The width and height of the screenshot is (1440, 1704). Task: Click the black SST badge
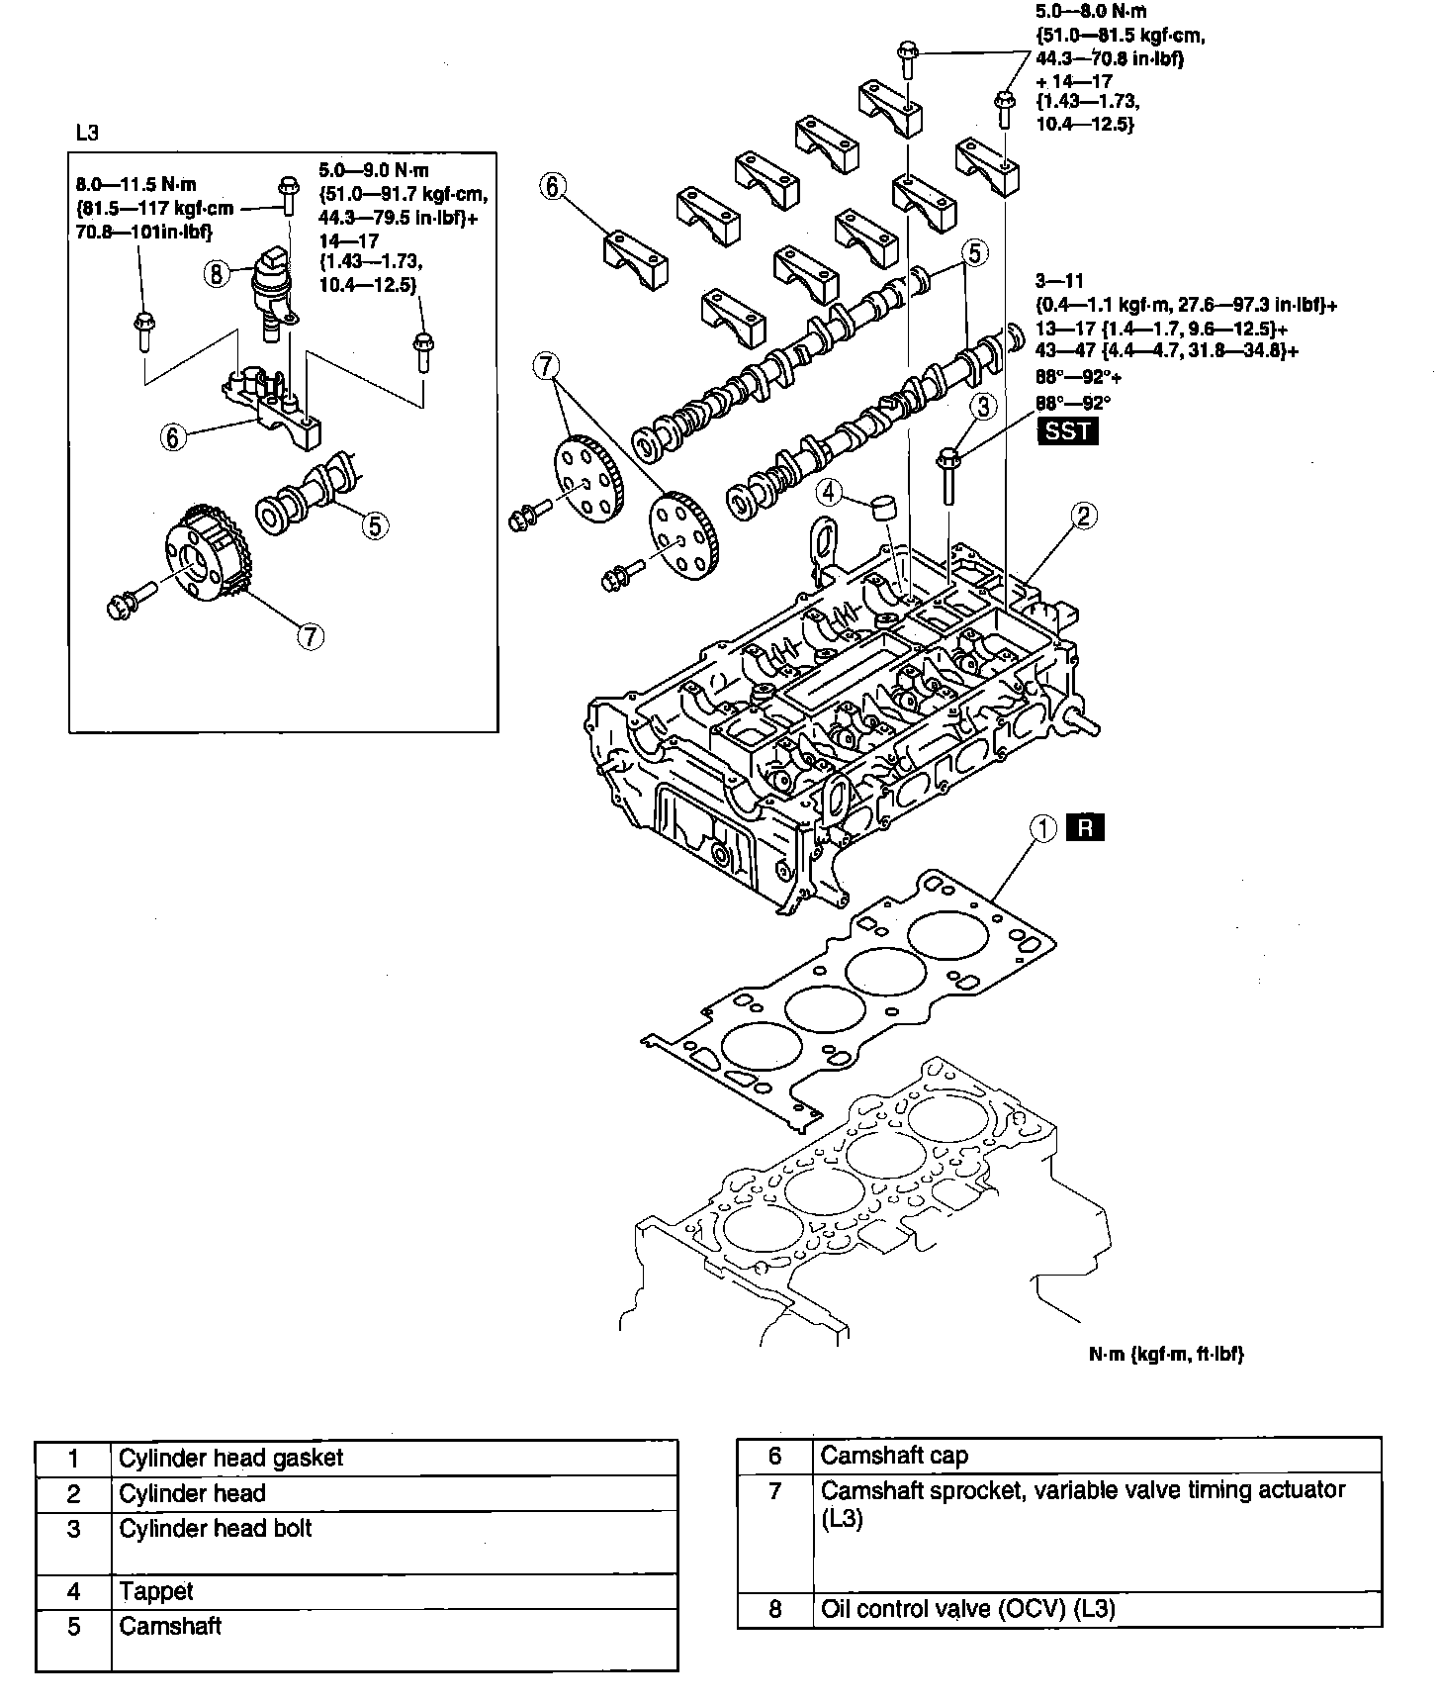pos(1067,431)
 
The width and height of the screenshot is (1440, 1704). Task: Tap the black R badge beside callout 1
pos(1085,827)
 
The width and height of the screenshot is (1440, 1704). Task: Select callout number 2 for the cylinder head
pos(1083,515)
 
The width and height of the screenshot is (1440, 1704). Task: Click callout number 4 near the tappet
pos(829,490)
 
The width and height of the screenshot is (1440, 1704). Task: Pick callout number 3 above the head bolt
pos(982,406)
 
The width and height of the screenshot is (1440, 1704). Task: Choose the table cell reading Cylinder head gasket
pos(231,1458)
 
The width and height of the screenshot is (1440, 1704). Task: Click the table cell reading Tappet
pos(156,1591)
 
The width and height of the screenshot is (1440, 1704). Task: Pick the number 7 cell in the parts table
pos(775,1490)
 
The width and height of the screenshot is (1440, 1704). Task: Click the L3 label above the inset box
pos(87,133)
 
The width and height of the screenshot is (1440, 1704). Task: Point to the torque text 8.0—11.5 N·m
pos(137,184)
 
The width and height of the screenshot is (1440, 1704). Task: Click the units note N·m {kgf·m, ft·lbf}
pos(1165,1354)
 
